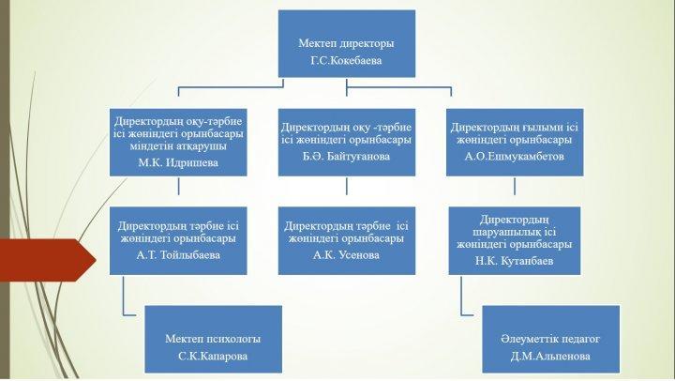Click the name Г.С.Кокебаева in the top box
pos(346,60)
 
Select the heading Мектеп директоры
pos(346,43)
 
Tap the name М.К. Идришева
pos(178,163)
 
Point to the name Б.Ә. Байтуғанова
pos(346,157)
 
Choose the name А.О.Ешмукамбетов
pos(515,157)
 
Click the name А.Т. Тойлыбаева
pos(178,255)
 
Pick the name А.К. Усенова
pos(346,255)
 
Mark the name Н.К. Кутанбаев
pos(515,261)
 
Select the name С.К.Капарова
pos(213,357)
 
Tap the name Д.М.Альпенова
pos(550,357)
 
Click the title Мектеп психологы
pos(213,339)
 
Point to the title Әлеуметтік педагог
pos(550,339)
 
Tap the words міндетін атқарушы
pos(178,146)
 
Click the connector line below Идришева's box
pos(178,186)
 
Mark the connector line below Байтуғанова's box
pos(347,186)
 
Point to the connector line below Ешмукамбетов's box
pos(515,186)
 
